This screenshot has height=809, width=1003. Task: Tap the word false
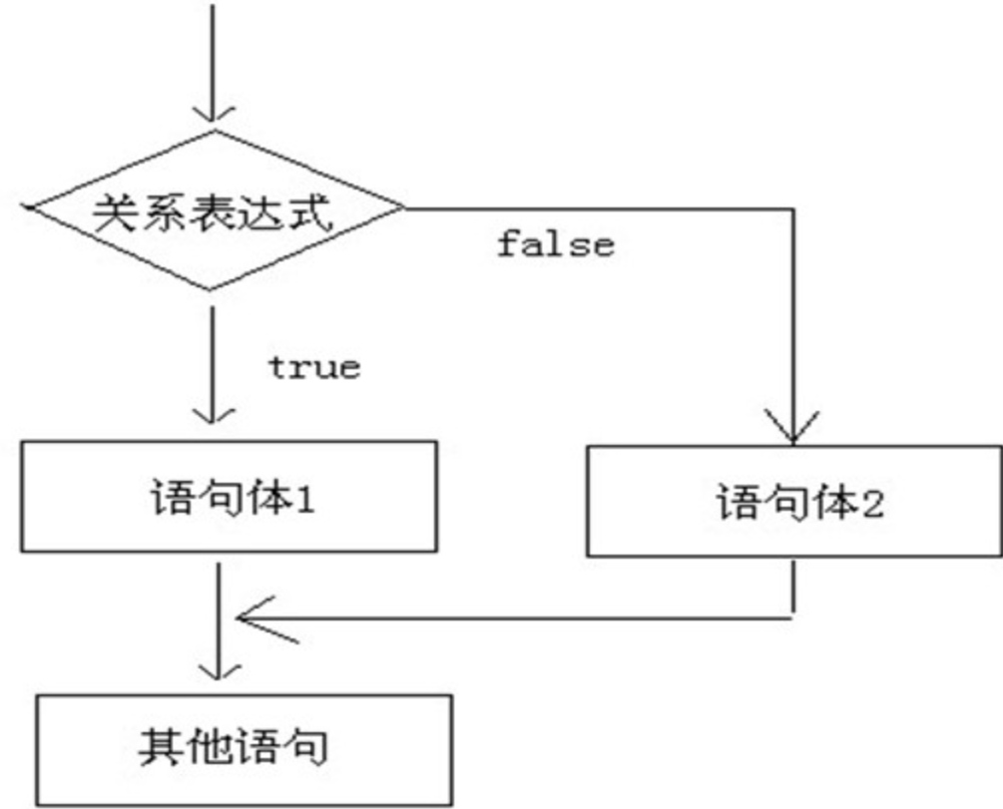coord(556,244)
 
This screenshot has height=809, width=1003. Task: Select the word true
coord(313,367)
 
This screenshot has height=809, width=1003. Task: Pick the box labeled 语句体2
coord(793,501)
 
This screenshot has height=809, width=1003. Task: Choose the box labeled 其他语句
coord(244,748)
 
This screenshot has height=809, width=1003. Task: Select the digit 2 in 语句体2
coord(871,503)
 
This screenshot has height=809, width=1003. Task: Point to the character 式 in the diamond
coord(310,211)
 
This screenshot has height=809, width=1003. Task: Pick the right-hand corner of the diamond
coord(404,208)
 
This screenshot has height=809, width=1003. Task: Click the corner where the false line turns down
coord(793,209)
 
